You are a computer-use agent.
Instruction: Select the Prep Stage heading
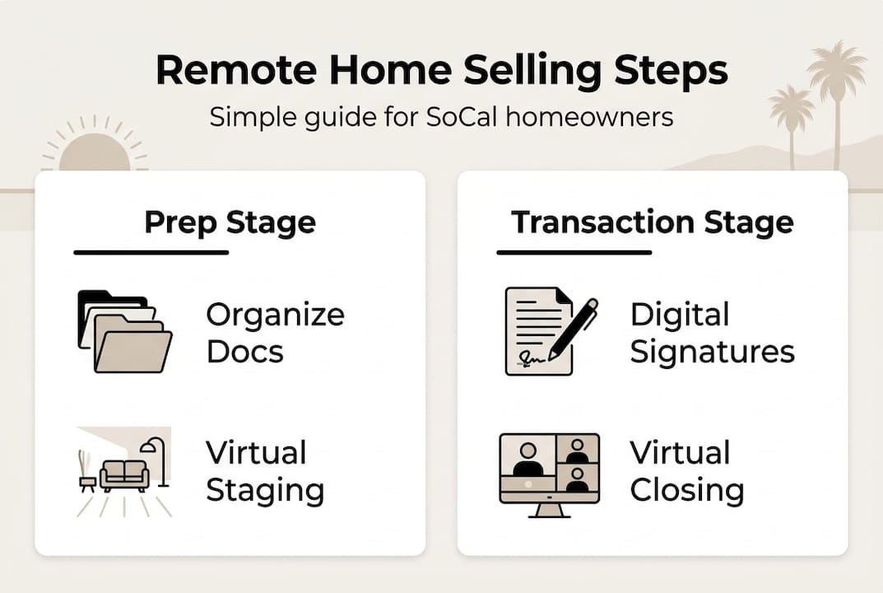coord(230,222)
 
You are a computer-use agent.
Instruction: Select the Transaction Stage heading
coord(652,222)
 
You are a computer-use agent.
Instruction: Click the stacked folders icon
coord(123,331)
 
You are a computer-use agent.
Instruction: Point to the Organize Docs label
coord(275,333)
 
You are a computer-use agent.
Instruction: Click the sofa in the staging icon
coord(124,475)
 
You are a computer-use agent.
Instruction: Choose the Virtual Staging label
coord(264,471)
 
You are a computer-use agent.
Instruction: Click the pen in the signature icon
coord(574,327)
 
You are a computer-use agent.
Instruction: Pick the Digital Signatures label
coord(712,333)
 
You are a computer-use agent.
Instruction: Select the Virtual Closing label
coord(687,471)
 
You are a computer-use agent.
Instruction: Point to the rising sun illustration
coord(95,151)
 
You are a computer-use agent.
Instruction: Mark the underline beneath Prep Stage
coord(151,252)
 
